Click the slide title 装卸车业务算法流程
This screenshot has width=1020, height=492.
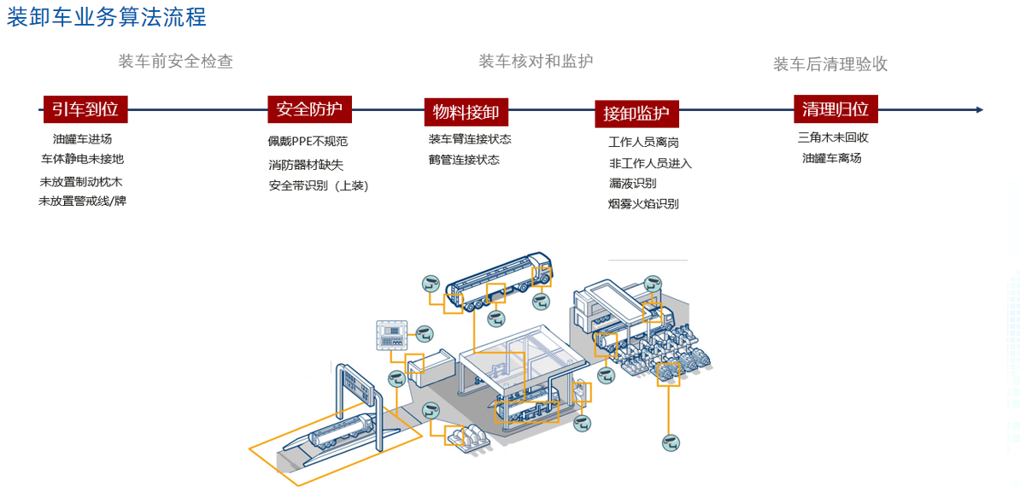pyautogui.click(x=106, y=17)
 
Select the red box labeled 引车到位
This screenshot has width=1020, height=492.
pyautogui.click(x=85, y=108)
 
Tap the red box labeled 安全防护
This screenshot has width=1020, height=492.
pyautogui.click(x=309, y=108)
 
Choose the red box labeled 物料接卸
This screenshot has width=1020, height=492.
pyautogui.click(x=466, y=112)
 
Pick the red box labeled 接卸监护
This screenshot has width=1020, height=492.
pyautogui.click(x=636, y=113)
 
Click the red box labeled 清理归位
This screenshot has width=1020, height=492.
pyautogui.click(x=835, y=108)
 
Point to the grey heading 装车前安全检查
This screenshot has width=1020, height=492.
pyautogui.click(x=175, y=61)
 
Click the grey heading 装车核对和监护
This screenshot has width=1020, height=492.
pyautogui.click(x=536, y=61)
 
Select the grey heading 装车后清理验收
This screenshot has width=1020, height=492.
pyautogui.click(x=830, y=64)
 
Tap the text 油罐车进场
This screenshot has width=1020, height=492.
pyautogui.click(x=82, y=138)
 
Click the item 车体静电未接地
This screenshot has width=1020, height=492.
pyautogui.click(x=82, y=159)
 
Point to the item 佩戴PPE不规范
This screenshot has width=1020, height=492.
pyautogui.click(x=308, y=142)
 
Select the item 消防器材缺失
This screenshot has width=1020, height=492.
pyautogui.click(x=305, y=165)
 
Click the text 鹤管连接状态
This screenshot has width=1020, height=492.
pyautogui.click(x=464, y=160)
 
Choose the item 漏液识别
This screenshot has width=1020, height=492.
pyautogui.click(x=632, y=184)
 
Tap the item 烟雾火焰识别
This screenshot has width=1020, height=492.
pyautogui.click(x=643, y=204)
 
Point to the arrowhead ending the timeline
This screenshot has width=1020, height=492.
pyautogui.click(x=979, y=109)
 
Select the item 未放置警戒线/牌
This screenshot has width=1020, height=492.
pyautogui.click(x=82, y=202)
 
